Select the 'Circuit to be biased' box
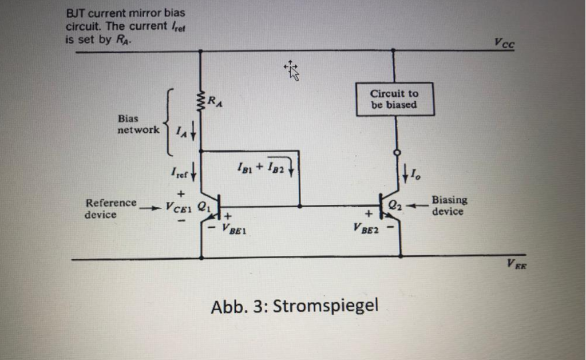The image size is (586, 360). pyautogui.click(x=394, y=99)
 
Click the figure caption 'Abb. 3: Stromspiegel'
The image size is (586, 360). pyautogui.click(x=295, y=306)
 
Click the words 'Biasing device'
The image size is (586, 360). pyautogui.click(x=449, y=205)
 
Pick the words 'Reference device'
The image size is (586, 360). pyautogui.click(x=110, y=208)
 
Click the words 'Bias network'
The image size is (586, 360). pyautogui.click(x=138, y=124)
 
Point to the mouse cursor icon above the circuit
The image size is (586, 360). pyautogui.click(x=292, y=70)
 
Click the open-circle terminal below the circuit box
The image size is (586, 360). pyautogui.click(x=394, y=152)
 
